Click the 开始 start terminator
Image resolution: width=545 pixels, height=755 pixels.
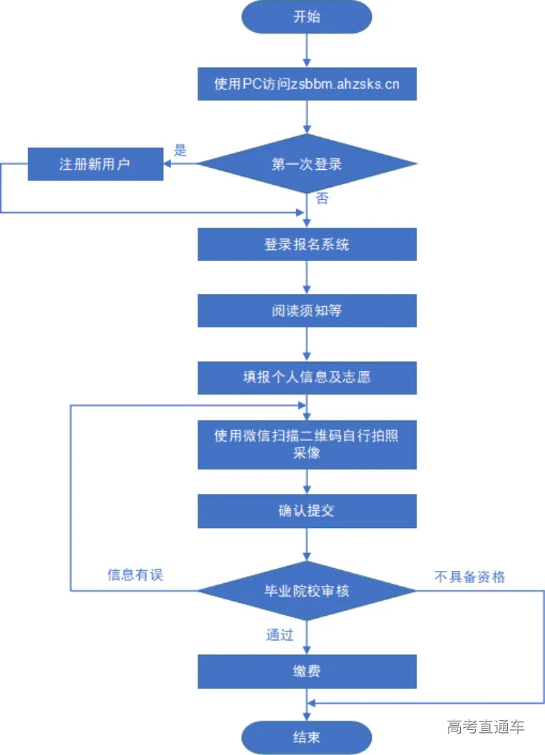coord(307,17)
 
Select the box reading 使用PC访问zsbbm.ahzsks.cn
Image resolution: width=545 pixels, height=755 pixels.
coord(307,83)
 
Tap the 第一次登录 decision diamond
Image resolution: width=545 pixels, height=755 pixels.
coord(307,164)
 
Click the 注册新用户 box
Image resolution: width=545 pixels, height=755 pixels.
coord(96,164)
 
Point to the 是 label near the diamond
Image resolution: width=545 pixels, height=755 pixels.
coord(180,151)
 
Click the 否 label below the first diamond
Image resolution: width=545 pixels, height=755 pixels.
coord(322,199)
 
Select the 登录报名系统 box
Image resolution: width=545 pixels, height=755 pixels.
coord(307,245)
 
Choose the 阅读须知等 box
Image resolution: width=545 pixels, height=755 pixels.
coord(307,311)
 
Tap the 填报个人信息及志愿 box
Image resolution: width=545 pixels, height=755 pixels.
coord(307,377)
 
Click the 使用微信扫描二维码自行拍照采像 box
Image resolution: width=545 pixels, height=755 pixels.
coord(307,444)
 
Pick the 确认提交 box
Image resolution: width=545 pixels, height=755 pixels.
coord(307,510)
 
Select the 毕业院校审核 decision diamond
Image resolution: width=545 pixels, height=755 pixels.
coord(307,591)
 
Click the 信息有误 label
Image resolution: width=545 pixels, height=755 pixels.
coord(136,574)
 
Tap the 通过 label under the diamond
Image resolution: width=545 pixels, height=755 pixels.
coord(280,634)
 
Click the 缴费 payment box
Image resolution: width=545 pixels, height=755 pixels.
coord(307,672)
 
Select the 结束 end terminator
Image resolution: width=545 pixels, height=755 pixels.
coord(307,737)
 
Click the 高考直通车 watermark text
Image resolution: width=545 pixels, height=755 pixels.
coord(486,727)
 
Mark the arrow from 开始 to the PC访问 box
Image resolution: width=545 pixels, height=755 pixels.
coord(307,50)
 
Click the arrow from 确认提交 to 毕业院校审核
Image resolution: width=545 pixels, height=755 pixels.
coord(307,544)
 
